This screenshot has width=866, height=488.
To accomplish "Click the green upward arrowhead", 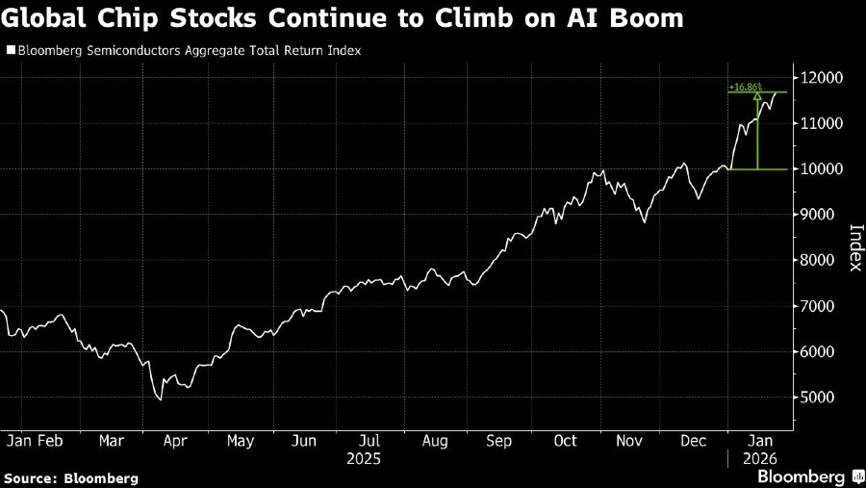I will [758, 96].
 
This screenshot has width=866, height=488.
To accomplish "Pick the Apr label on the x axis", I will [174, 441].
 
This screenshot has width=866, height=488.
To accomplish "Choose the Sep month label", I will [498, 441].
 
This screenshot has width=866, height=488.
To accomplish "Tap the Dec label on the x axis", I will [695, 441].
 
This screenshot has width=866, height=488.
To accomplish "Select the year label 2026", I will [759, 459].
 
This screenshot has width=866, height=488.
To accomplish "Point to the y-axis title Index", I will [854, 247].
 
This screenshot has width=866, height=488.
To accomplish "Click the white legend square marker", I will [10, 50].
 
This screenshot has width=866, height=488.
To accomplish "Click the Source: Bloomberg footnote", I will [71, 477].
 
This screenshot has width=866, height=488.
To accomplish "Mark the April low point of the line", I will [161, 398].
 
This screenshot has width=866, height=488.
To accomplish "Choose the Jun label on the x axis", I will [303, 441].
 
